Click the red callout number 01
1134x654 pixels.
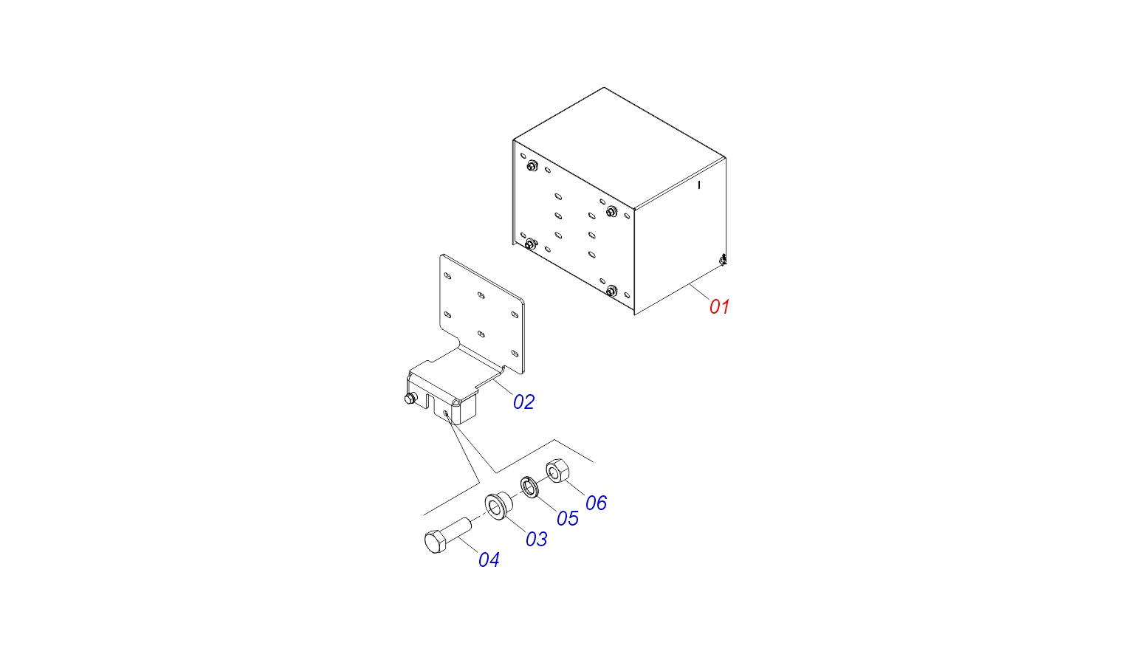[719, 307]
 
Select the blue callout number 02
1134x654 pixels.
[524, 402]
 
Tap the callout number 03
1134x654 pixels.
[537, 539]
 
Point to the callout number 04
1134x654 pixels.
[489, 560]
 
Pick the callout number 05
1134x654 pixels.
[568, 518]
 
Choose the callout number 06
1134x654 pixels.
[597, 503]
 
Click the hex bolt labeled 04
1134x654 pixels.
[447, 536]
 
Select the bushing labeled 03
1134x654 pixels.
[498, 505]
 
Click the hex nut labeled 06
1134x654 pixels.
[557, 470]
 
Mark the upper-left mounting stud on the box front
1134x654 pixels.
[532, 165]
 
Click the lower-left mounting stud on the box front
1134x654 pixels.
[530, 244]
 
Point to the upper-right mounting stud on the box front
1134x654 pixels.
[611, 211]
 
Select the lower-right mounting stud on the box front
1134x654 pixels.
[611, 291]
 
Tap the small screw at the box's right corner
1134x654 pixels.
[723, 260]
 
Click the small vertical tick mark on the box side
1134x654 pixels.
[699, 185]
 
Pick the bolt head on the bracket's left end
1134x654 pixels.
[410, 399]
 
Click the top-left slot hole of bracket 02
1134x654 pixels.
[447, 276]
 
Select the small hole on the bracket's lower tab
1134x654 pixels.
[446, 414]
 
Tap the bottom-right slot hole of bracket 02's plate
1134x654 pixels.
[515, 354]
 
